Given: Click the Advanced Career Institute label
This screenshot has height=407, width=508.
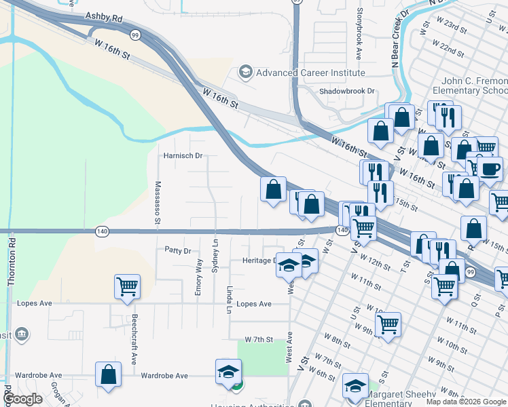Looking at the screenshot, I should coord(310,73).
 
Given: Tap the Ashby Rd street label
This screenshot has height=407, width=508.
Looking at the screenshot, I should coord(103,18).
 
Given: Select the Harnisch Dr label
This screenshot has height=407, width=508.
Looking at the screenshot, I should coord(183,155).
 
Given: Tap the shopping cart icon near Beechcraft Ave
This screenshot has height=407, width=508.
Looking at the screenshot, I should coord(127,287).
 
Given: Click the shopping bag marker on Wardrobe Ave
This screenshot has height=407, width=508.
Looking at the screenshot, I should coord(108,374).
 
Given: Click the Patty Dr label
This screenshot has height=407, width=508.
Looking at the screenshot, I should coord(178,250).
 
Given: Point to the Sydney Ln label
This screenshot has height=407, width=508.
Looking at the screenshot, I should coord(215,256).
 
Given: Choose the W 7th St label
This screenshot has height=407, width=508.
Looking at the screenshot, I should coord(259,339).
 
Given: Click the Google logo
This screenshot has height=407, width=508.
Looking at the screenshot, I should coord(23,399).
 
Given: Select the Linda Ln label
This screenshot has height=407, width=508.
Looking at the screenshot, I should coord(230,299).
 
